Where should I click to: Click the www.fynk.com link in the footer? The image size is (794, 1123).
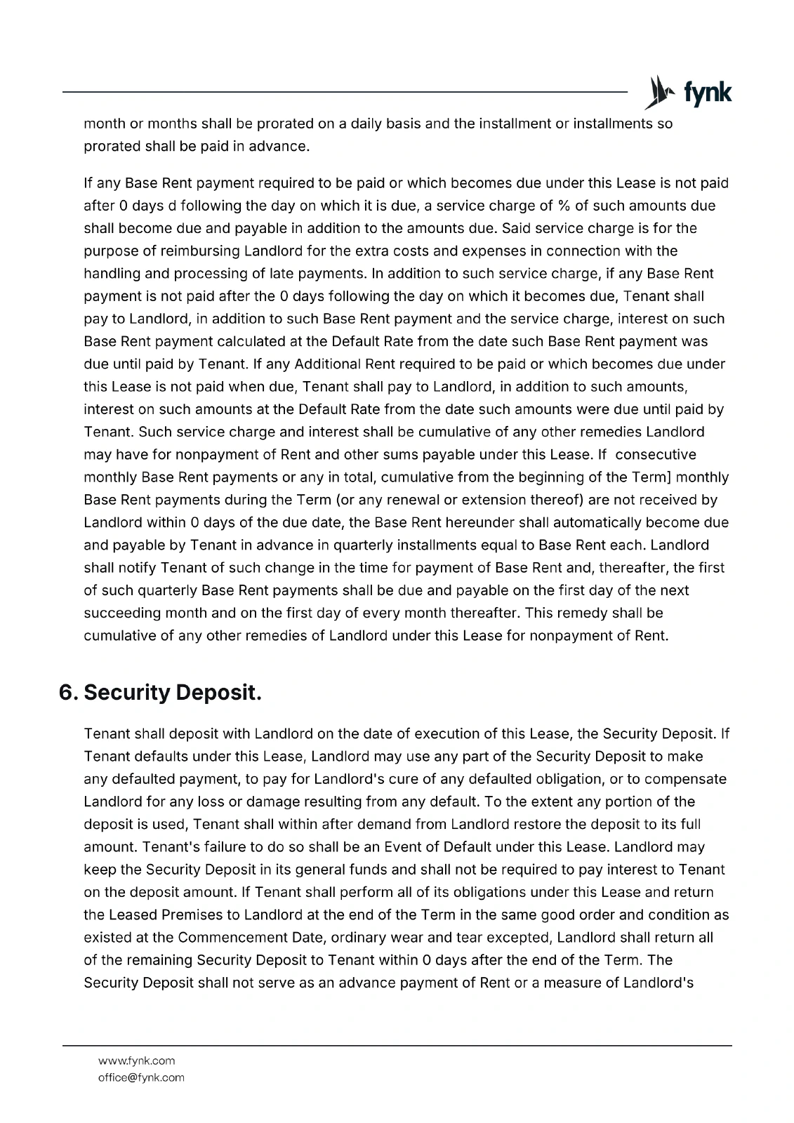click(x=137, y=1061)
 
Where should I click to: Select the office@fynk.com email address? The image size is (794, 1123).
click(x=141, y=1077)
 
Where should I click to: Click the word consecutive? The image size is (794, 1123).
click(x=655, y=454)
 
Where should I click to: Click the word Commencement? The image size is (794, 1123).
click(x=232, y=937)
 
